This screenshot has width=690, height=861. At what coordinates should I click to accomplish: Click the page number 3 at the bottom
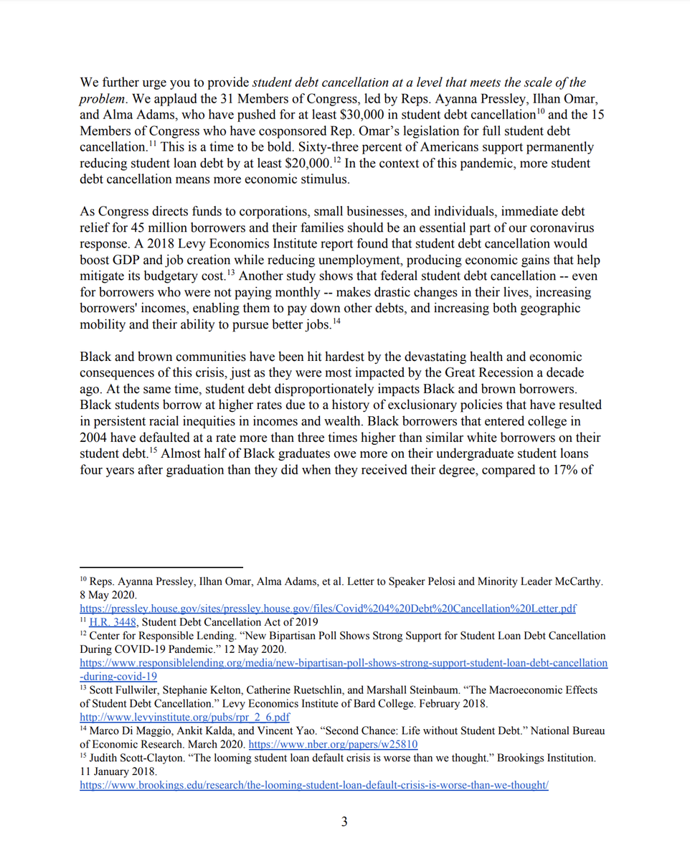pos(344,822)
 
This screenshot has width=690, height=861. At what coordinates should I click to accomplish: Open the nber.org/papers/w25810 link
pos(333,744)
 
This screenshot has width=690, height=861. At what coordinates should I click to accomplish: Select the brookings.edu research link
pos(313,785)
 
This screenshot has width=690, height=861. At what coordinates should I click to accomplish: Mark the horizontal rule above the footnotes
pos(161,567)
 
